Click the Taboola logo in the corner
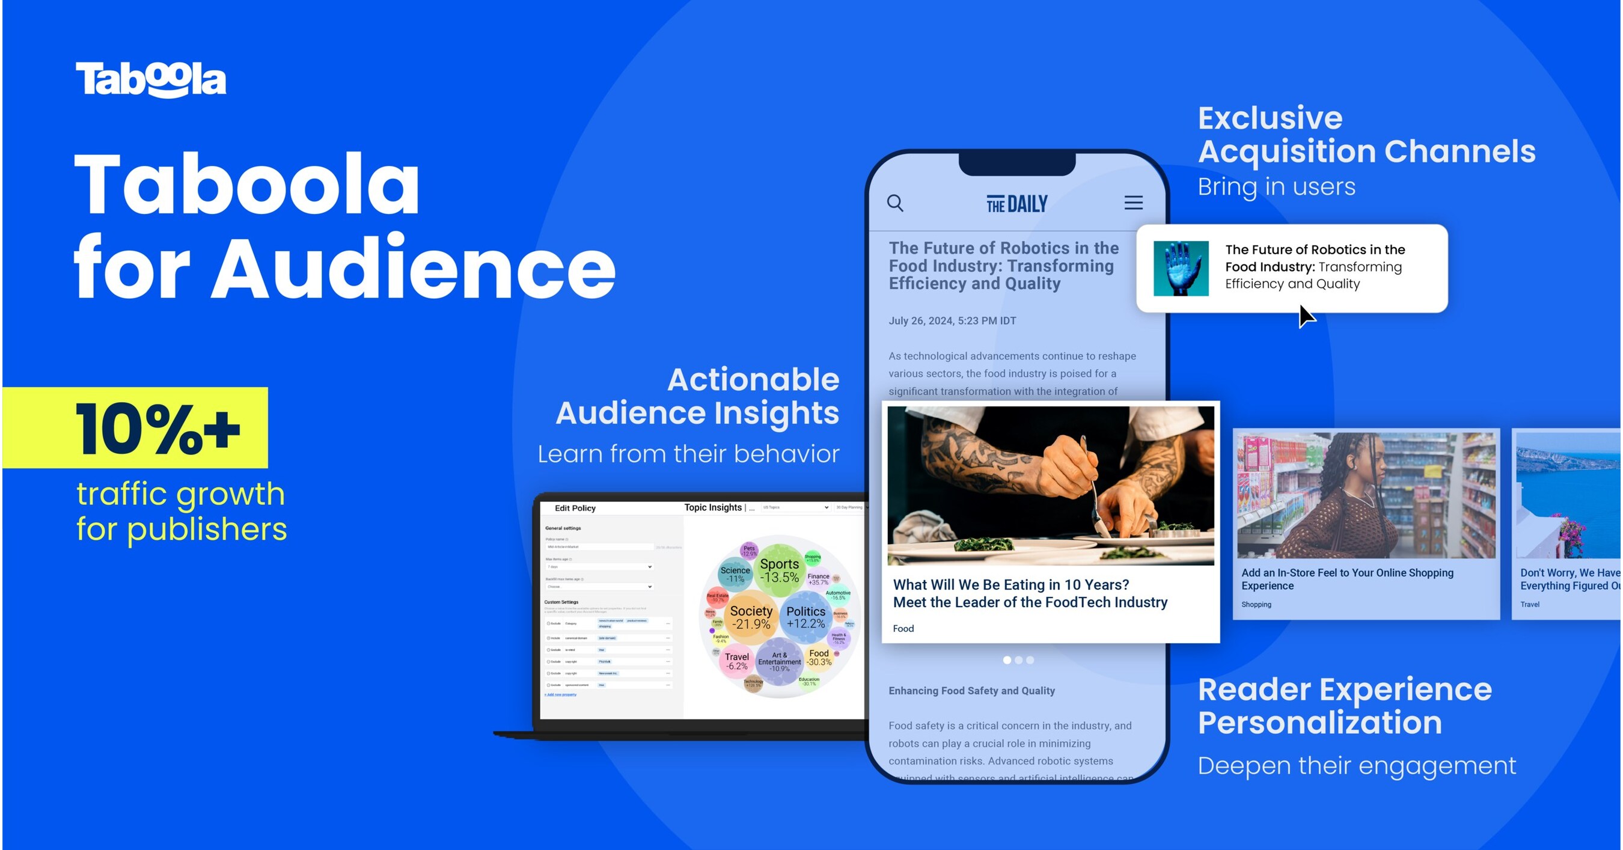(151, 79)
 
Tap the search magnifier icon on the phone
(895, 203)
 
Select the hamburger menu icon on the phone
(1133, 202)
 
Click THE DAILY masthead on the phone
(1016, 204)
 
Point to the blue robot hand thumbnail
(1181, 269)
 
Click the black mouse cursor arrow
(1306, 316)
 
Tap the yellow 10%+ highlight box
(135, 428)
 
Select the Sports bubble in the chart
(780, 570)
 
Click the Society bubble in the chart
(750, 617)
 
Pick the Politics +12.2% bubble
(805, 617)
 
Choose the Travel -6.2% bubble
(736, 661)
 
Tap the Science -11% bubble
(735, 574)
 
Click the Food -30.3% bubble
(819, 657)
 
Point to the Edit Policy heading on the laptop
(575, 508)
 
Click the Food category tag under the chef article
(903, 628)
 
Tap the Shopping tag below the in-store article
(1256, 604)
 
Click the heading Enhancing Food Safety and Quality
(971, 691)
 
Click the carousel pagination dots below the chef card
(1018, 659)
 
